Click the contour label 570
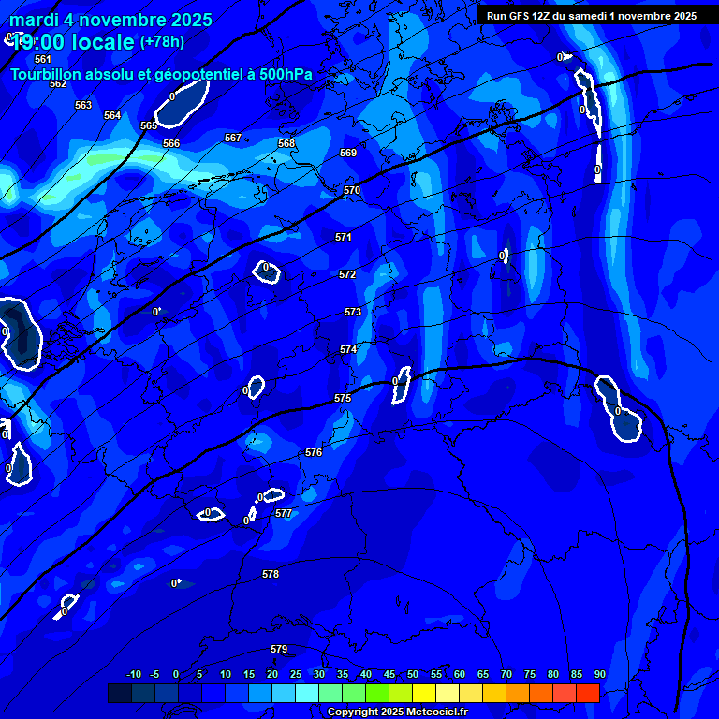(352, 190)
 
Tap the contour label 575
(343, 398)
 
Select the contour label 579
(279, 649)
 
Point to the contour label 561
(43, 59)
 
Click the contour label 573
(353, 312)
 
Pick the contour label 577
(284, 514)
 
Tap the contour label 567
(233, 138)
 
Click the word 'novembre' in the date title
(113, 20)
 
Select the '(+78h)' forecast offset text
(162, 42)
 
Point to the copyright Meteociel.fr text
(397, 712)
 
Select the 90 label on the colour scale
(599, 674)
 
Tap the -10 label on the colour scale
(133, 674)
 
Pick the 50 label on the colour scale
(413, 674)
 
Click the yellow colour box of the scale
(423, 693)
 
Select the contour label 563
(83, 105)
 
